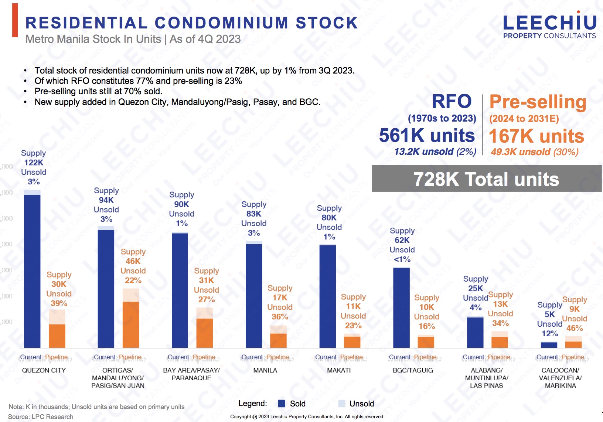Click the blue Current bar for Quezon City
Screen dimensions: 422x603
(x=32, y=270)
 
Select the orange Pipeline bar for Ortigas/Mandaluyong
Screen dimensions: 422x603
(x=131, y=323)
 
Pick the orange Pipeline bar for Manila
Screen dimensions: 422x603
(x=278, y=340)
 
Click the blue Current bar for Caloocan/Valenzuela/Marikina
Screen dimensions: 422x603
(x=549, y=345)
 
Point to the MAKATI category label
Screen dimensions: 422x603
(x=339, y=370)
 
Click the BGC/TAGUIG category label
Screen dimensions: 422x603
(x=413, y=370)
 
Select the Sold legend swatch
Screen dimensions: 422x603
(x=282, y=404)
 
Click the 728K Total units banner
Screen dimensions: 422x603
(x=486, y=179)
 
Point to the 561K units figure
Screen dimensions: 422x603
(x=427, y=135)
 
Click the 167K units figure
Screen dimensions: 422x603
(x=536, y=136)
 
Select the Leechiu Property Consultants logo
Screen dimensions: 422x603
(x=549, y=26)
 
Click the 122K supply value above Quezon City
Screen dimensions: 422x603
(x=34, y=163)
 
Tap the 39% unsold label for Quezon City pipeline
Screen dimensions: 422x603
(x=59, y=303)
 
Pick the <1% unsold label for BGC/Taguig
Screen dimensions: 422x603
(x=402, y=259)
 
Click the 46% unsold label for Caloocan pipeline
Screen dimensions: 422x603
(x=575, y=328)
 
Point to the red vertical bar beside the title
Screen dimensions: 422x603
(x=15, y=20)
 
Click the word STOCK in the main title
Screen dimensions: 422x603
(x=327, y=23)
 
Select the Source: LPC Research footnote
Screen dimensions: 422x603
(x=41, y=417)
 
